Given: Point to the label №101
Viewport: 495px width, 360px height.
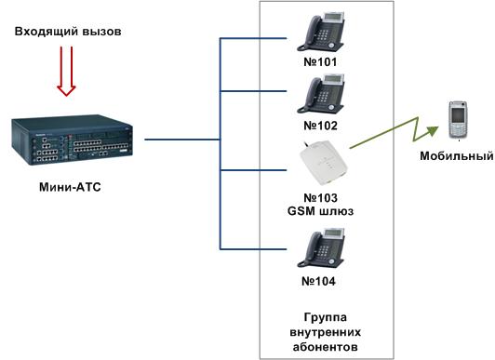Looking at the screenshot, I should pos(320,63).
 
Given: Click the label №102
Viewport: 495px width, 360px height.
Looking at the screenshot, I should pos(320,125).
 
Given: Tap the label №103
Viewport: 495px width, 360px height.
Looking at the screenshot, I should pos(320,198).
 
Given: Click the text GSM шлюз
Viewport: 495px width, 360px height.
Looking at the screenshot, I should pos(320,212).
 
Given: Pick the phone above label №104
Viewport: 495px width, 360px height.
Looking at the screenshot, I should pos(320,249).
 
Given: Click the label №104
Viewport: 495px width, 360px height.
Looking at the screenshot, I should pos(320,280).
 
